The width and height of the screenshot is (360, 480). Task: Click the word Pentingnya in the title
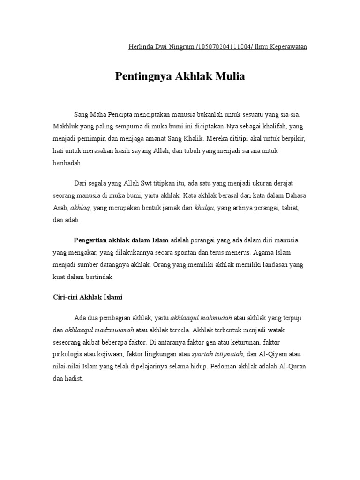[144, 76]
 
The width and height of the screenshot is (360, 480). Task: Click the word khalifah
[272, 127]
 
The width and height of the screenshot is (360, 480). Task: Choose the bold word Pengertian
[91, 240]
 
